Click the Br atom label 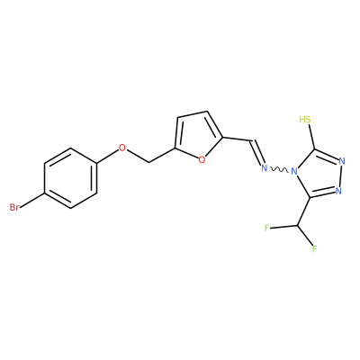click(x=14, y=207)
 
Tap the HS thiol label click(x=305, y=120)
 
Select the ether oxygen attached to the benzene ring click(x=122, y=148)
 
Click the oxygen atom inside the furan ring click(x=202, y=159)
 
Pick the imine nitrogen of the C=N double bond click(x=264, y=167)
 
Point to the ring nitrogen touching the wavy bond click(x=294, y=172)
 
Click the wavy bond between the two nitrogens click(x=279, y=170)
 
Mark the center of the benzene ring click(x=71, y=178)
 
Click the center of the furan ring click(x=200, y=136)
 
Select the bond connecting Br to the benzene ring click(x=32, y=200)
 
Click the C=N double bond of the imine click(x=256, y=152)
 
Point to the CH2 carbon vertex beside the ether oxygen click(x=149, y=163)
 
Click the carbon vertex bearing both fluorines click(x=298, y=226)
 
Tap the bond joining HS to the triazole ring click(x=310, y=137)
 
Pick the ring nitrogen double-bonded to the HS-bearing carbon click(x=342, y=161)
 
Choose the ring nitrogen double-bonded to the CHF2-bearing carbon click(x=338, y=191)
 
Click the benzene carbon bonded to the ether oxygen click(x=97, y=163)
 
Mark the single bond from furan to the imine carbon click(x=237, y=139)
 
